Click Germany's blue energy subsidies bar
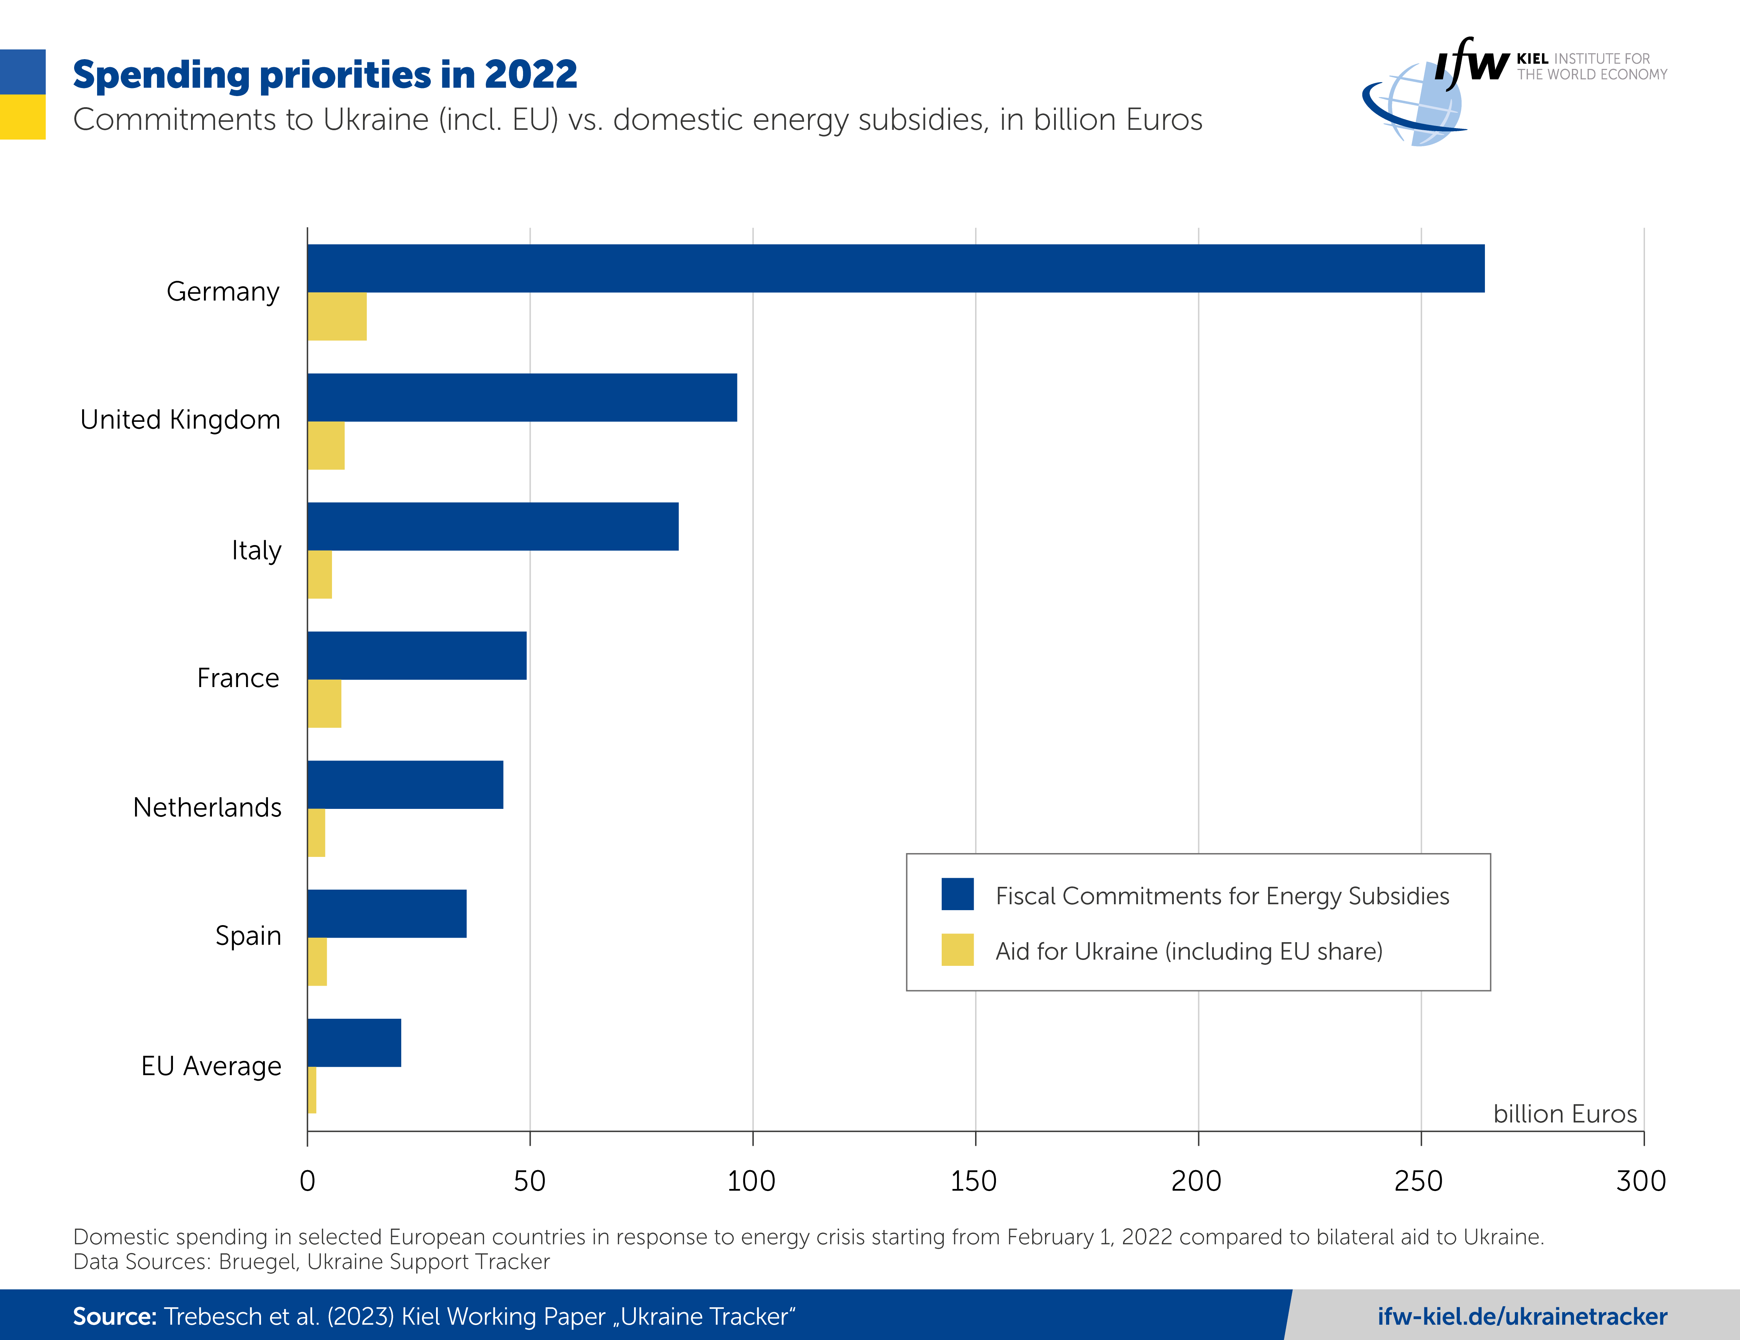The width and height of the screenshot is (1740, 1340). click(895, 268)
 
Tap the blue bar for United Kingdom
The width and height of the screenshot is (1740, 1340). click(522, 397)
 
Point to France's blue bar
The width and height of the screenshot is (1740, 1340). click(417, 656)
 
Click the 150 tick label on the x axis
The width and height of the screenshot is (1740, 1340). click(974, 1181)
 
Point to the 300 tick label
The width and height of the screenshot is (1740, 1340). click(1640, 1181)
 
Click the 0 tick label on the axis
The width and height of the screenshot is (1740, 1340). click(308, 1181)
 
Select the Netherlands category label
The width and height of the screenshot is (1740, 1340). click(207, 807)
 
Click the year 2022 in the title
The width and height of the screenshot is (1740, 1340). click(531, 75)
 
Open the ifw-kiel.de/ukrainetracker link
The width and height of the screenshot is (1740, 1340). click(1522, 1316)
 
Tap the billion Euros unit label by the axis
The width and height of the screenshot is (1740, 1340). click(1565, 1114)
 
